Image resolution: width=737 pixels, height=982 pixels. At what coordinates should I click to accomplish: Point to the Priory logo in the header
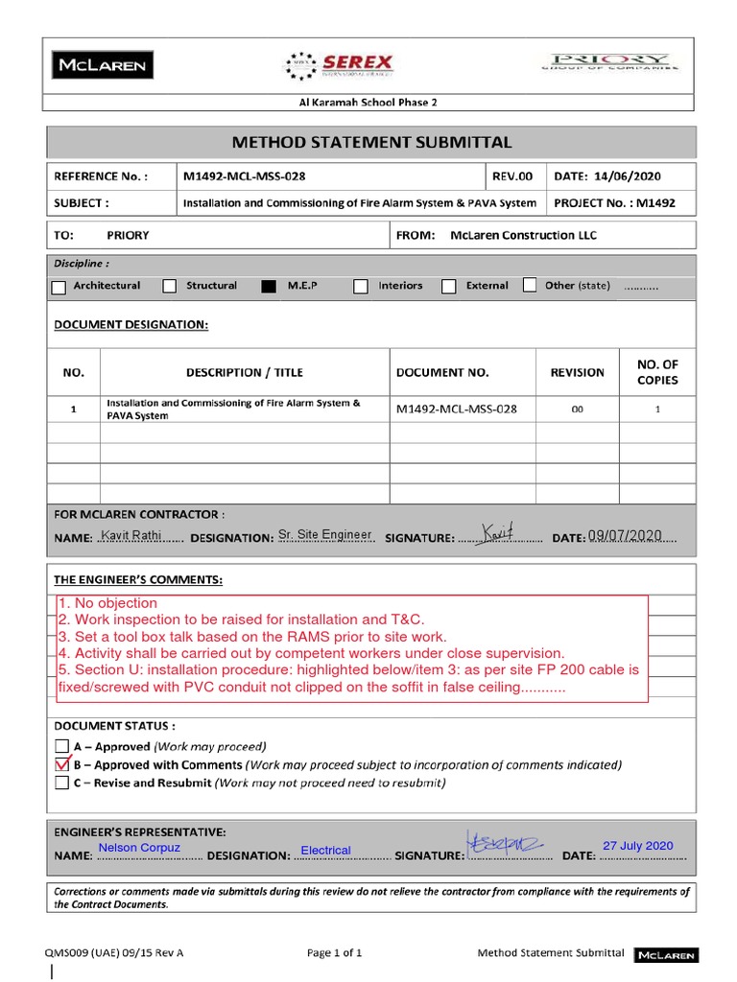click(606, 61)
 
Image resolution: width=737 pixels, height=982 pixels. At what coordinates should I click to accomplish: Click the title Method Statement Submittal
click(372, 142)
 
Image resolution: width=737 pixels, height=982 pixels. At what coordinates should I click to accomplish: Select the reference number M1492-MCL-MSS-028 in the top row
click(246, 176)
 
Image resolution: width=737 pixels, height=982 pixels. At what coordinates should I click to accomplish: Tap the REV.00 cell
click(512, 176)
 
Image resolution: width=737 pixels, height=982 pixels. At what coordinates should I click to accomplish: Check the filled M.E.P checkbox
click(269, 286)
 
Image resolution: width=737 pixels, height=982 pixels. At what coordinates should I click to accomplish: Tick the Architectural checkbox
click(59, 286)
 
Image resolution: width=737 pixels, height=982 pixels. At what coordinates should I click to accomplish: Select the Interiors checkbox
click(361, 286)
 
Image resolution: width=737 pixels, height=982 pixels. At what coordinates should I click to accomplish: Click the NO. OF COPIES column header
click(657, 372)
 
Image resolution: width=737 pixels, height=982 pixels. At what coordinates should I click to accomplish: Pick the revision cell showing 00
click(577, 409)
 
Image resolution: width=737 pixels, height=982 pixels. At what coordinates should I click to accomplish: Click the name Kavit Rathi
click(131, 535)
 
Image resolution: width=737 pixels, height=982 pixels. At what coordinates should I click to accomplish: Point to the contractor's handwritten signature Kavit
click(498, 531)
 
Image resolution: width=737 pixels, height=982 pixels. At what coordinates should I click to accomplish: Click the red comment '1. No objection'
click(107, 603)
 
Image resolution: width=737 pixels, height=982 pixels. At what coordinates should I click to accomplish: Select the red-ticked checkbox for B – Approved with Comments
click(62, 764)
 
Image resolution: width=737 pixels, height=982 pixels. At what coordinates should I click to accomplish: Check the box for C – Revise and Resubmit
click(61, 783)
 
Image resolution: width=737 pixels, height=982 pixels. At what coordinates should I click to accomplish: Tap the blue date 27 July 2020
click(637, 846)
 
